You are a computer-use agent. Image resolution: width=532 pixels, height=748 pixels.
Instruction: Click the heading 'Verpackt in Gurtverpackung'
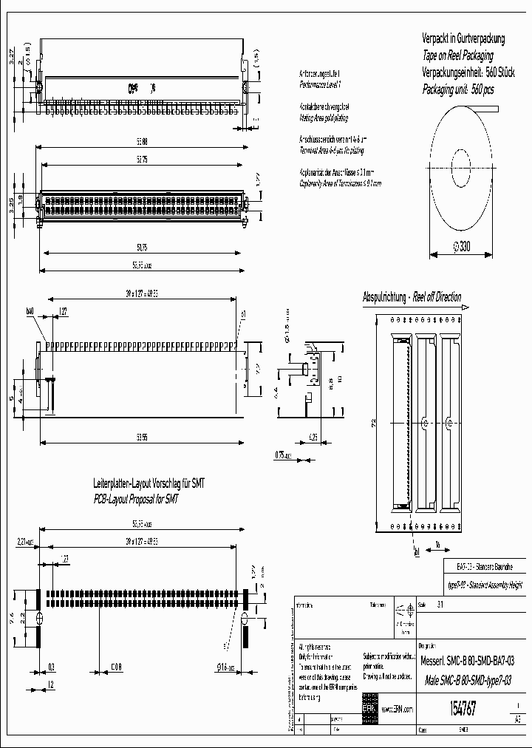click(x=463, y=38)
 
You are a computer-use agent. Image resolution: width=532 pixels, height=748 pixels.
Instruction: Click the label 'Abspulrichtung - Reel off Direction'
click(x=412, y=297)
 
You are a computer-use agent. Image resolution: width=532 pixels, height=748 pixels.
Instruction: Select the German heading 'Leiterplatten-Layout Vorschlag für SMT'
click(x=149, y=483)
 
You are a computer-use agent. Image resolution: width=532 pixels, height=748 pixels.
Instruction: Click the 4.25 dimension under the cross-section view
click(x=313, y=437)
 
